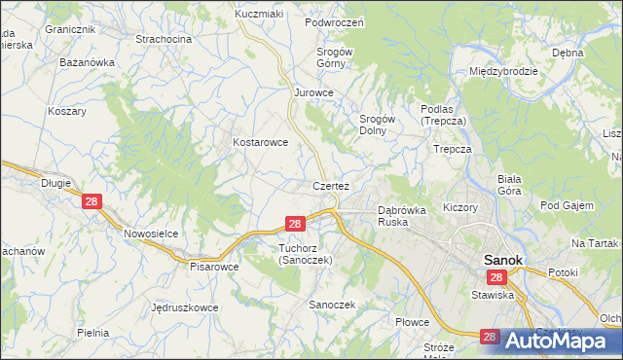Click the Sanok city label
pyautogui.click(x=503, y=261)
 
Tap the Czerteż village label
pyautogui.click(x=331, y=185)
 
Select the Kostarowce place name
pyautogui.click(x=260, y=142)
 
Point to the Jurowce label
pyautogui.click(x=314, y=92)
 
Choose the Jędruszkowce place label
pyautogui.click(x=185, y=306)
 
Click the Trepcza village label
pyautogui.click(x=453, y=149)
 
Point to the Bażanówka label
pyautogui.click(x=87, y=62)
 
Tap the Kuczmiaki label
pyautogui.click(x=258, y=16)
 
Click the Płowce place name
pyautogui.click(x=413, y=321)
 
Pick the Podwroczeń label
pyautogui.click(x=334, y=22)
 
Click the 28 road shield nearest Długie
pyautogui.click(x=92, y=201)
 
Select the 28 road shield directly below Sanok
pyautogui.click(x=496, y=277)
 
